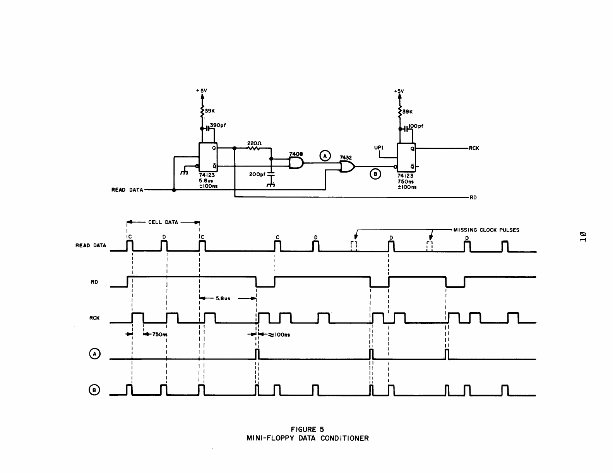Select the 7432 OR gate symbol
tap(347, 167)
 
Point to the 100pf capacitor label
tap(416, 126)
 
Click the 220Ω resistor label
tap(254, 143)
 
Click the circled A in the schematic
tap(325, 155)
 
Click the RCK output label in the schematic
tap(474, 148)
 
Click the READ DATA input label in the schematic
tap(127, 190)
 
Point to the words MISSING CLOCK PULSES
tap(486, 230)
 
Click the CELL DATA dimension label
tap(163, 222)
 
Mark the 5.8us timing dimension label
tap(223, 298)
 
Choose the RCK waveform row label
tap(94, 318)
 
